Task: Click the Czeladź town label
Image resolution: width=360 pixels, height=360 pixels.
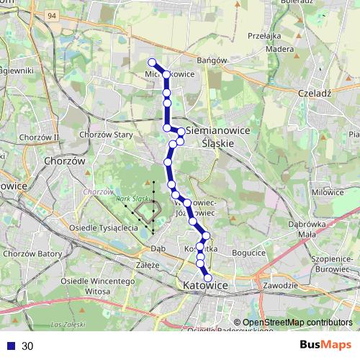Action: [312, 93]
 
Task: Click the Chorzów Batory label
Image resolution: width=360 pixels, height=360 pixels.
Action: [30, 253]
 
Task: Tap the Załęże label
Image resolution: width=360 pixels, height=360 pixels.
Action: [146, 264]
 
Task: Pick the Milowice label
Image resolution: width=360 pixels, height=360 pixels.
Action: [328, 192]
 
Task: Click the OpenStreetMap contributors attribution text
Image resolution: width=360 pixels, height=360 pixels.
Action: [297, 323]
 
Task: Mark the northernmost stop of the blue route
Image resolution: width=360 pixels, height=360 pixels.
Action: [152, 62]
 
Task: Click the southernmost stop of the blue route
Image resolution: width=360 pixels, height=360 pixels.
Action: [209, 277]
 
